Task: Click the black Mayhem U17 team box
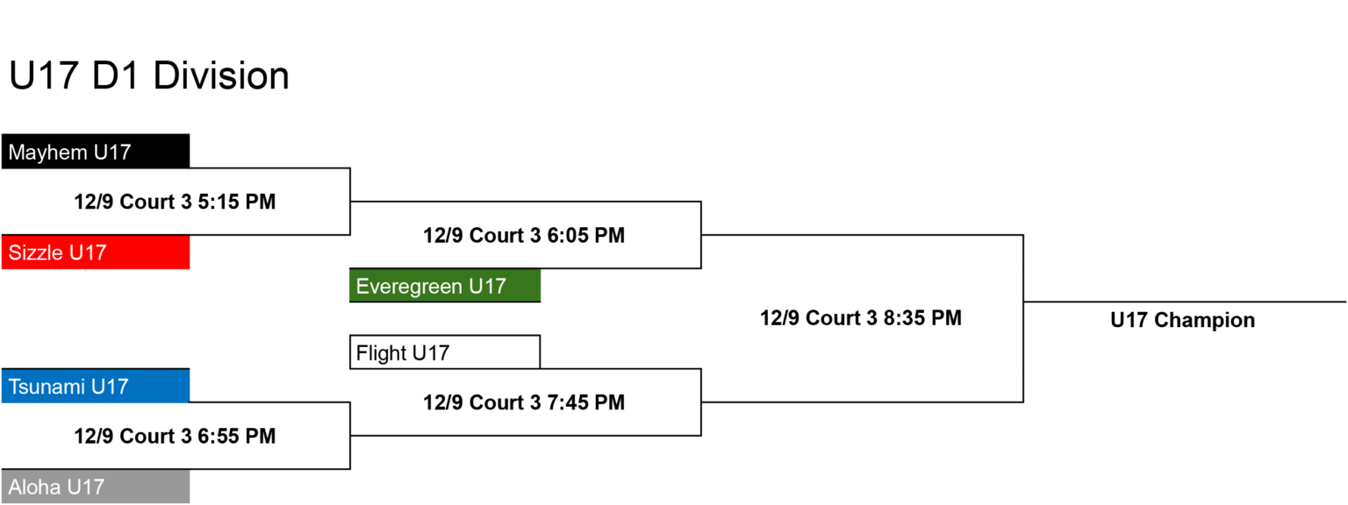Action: coord(96,151)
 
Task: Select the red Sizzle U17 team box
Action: coord(96,252)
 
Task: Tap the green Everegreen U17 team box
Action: coord(445,286)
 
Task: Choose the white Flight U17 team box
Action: coord(445,352)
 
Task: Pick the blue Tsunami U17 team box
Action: coord(96,386)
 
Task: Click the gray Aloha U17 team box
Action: coord(96,487)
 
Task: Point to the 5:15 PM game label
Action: coord(175,202)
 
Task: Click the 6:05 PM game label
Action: coord(524,235)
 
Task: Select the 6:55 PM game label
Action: coord(175,436)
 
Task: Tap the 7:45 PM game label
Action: coord(524,402)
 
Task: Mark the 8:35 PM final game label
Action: coord(861,317)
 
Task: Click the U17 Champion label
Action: coord(1182,320)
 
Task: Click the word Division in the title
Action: coord(221,75)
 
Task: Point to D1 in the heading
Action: coord(115,75)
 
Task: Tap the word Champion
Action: coord(1204,320)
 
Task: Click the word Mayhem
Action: coord(47,152)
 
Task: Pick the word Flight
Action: coord(381,353)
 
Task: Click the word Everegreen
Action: coord(409,287)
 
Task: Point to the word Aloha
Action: coord(34,487)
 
